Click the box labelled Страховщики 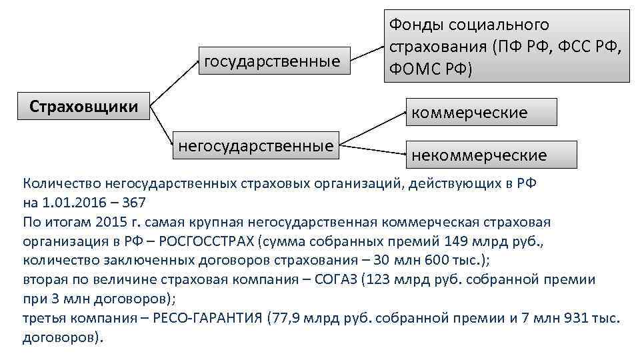(x=84, y=106)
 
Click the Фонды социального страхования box (x=506, y=47)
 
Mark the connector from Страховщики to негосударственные (x=163, y=126)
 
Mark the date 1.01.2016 (x=75, y=202)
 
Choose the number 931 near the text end (x=574, y=318)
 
